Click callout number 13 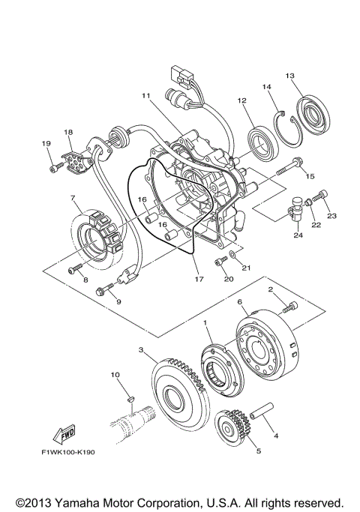click(x=290, y=75)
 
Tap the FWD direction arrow click(x=61, y=436)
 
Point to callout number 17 click(x=199, y=280)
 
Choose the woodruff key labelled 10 click(x=128, y=397)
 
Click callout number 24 click(x=298, y=235)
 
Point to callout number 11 click(x=145, y=96)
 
